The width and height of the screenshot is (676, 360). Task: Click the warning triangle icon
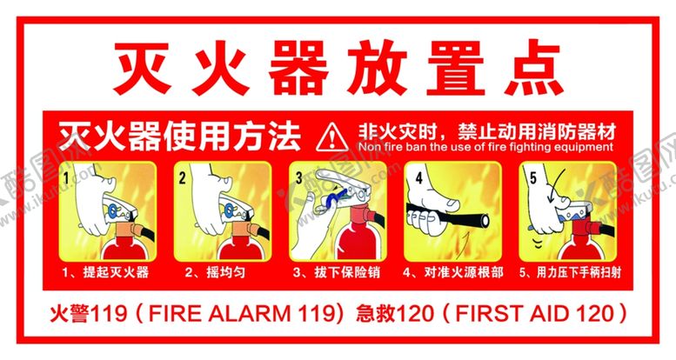(331, 137)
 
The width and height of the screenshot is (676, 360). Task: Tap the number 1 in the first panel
(66, 177)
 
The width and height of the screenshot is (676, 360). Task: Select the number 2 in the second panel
(182, 177)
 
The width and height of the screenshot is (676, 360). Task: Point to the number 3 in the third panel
(298, 177)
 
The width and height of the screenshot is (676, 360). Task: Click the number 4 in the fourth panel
(418, 177)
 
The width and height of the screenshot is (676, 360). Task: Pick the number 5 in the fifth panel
(533, 177)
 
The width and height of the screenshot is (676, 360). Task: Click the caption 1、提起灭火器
(105, 272)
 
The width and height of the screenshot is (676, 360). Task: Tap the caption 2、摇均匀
(215, 272)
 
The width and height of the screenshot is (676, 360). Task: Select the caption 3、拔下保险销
(337, 272)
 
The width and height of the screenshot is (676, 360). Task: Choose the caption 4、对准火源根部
(452, 272)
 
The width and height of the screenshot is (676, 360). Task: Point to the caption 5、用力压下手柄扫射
(570, 272)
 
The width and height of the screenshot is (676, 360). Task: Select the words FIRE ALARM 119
(242, 313)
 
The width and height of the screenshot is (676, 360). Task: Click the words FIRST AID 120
(534, 313)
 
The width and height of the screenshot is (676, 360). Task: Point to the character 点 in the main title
(533, 68)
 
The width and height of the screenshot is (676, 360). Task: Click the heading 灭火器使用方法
(179, 137)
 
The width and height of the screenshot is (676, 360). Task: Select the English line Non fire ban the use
(485, 147)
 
